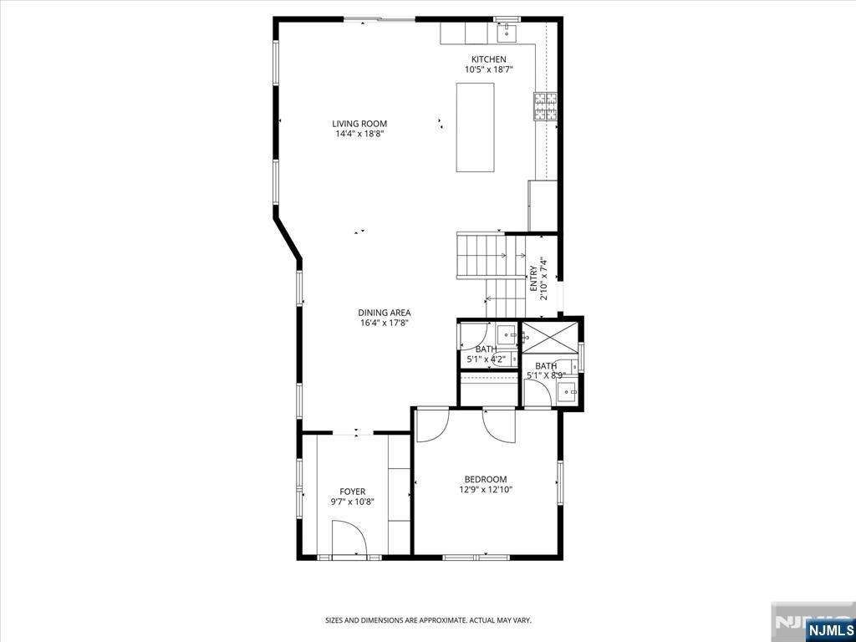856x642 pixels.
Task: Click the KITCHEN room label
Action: tap(488, 59)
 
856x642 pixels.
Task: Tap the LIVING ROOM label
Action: tap(359, 124)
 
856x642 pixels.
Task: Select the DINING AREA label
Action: tap(385, 313)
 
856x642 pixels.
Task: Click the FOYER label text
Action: tap(352, 492)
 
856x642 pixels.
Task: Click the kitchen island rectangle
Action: tap(475, 127)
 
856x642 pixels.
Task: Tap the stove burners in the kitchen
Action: tap(545, 106)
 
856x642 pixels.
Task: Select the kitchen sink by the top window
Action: tap(507, 33)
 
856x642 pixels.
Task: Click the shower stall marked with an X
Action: tap(550, 338)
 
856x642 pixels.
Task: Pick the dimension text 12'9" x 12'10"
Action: tap(486, 490)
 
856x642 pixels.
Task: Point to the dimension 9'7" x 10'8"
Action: tap(352, 502)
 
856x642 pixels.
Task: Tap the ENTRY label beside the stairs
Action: tap(533, 279)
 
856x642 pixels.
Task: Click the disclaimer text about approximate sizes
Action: tap(428, 621)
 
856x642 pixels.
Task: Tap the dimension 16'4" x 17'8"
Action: tap(385, 324)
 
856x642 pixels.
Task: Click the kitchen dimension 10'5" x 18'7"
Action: tap(488, 69)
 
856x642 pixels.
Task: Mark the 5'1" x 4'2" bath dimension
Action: tap(486, 359)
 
